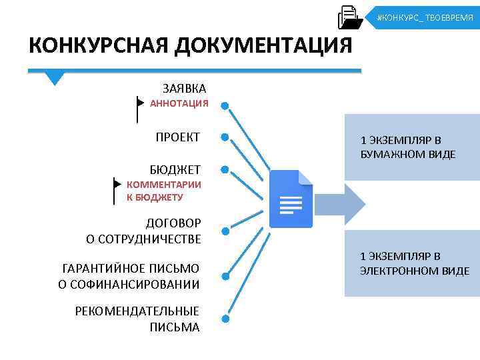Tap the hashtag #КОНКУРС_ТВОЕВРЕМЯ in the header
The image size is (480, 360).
click(x=425, y=17)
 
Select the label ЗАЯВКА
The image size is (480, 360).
click(x=184, y=88)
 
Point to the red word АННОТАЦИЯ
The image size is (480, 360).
click(x=179, y=103)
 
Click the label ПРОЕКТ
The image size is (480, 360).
click(x=177, y=137)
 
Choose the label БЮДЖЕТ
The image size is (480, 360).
click(x=175, y=170)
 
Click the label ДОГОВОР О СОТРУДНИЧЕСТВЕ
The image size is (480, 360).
click(x=143, y=231)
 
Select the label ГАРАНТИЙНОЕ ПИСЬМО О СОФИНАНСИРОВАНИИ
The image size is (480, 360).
click(x=129, y=277)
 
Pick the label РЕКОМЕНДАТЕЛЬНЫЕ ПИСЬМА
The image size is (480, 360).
click(x=137, y=319)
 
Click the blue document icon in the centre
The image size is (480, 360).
click(x=291, y=199)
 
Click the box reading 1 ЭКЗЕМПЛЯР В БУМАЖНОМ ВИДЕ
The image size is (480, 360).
click(x=411, y=147)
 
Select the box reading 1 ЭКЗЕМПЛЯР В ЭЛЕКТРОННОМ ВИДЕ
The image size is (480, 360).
click(x=411, y=263)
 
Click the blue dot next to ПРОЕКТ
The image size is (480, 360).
click(x=225, y=137)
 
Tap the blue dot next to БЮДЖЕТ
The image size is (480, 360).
click(x=225, y=170)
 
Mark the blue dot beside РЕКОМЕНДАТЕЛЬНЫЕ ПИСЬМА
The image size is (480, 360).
click(x=225, y=319)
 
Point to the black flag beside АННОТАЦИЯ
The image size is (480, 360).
click(x=139, y=107)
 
